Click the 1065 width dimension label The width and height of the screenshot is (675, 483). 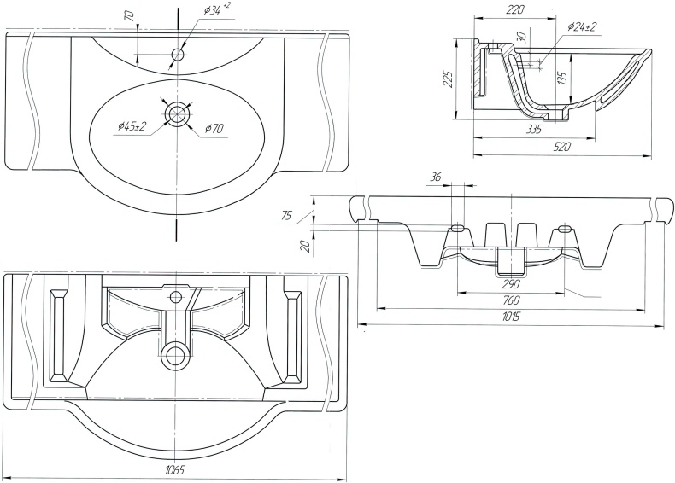(174, 470)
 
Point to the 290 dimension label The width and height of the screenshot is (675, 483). (511, 283)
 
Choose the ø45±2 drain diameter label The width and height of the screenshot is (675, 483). (132, 126)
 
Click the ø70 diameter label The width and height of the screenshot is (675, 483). (214, 130)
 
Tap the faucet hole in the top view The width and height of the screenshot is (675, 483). (177, 55)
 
